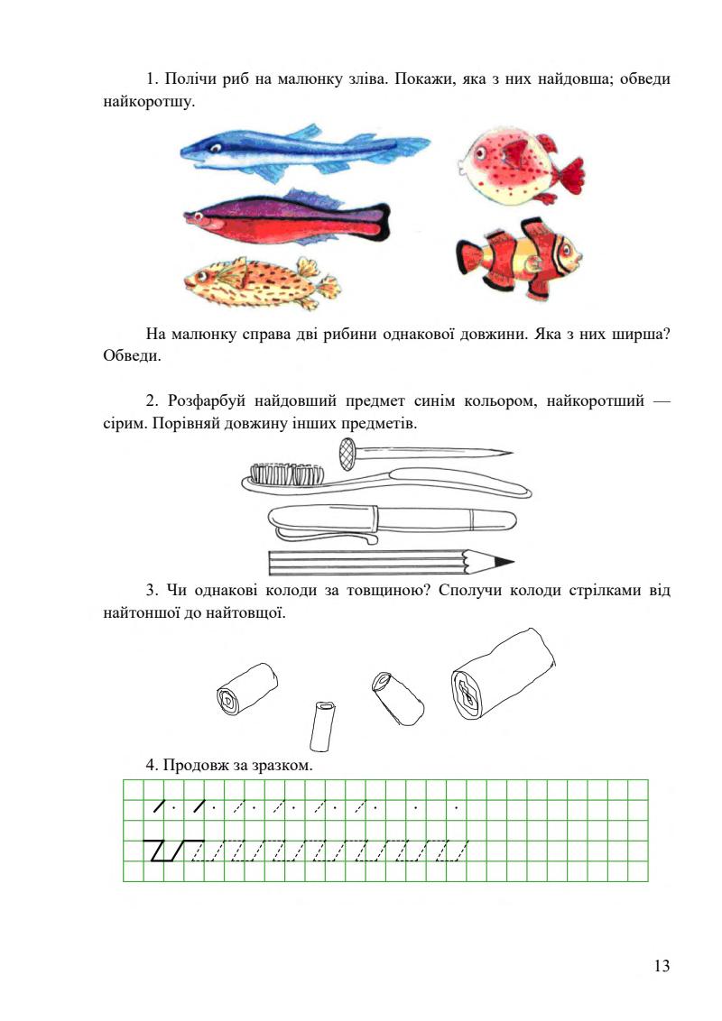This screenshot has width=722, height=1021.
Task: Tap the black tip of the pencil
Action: coord(504,562)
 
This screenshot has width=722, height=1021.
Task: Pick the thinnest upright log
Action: coord(322,726)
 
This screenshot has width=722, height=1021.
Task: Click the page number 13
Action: coord(662,967)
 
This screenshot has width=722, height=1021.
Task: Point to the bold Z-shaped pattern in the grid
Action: coord(162,851)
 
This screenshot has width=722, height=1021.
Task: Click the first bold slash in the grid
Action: coord(160,805)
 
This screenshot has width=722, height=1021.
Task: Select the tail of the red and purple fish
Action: coord(379,221)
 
